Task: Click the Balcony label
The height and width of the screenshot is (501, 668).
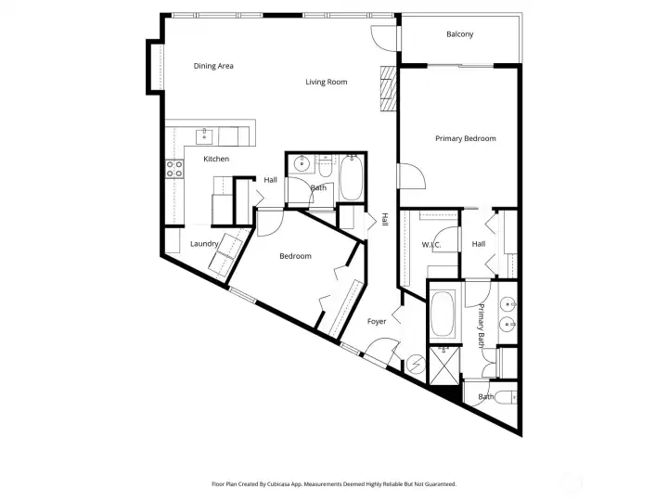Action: (x=459, y=34)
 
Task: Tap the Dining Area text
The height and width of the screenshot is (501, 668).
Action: (x=213, y=66)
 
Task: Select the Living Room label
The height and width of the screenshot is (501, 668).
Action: (x=326, y=82)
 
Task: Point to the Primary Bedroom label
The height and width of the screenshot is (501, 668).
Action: (x=466, y=138)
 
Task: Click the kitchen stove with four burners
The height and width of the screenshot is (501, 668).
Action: (x=173, y=169)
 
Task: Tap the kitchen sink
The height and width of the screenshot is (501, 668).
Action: (x=205, y=136)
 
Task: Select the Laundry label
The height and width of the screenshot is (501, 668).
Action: (x=204, y=244)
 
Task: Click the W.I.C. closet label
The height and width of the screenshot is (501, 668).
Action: (x=430, y=245)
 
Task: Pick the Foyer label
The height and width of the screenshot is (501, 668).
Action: (x=377, y=321)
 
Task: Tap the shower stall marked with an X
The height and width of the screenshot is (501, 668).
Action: (x=443, y=365)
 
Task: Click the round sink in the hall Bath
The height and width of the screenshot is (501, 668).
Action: (x=301, y=166)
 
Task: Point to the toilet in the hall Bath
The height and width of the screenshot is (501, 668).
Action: (x=325, y=166)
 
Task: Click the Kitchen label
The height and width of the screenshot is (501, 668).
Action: (x=216, y=159)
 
